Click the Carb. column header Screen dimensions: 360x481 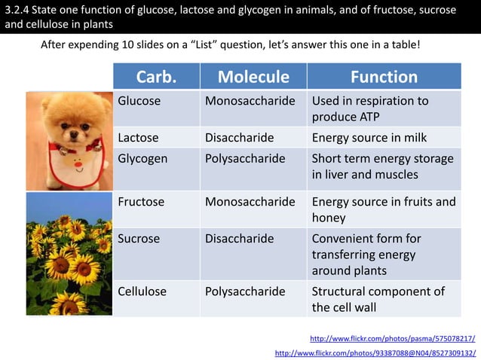pos(156,77)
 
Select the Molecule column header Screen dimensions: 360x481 pos(253,77)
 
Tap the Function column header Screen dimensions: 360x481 pos(384,77)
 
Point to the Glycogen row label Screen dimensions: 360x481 pos(142,159)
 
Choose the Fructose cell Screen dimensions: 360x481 pos(141,202)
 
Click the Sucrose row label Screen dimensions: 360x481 pos(139,238)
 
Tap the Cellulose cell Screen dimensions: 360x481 pos(142,291)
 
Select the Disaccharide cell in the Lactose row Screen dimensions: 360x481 pos(239,138)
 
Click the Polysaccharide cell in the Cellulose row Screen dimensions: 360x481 pos(245,291)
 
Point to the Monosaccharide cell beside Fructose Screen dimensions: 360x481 pos(250,202)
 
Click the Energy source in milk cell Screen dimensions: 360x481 pos(369,138)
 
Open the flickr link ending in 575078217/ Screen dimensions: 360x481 pos(392,338)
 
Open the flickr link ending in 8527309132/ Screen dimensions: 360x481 pos(375,352)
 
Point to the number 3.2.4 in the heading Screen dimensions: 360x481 pos(17,10)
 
